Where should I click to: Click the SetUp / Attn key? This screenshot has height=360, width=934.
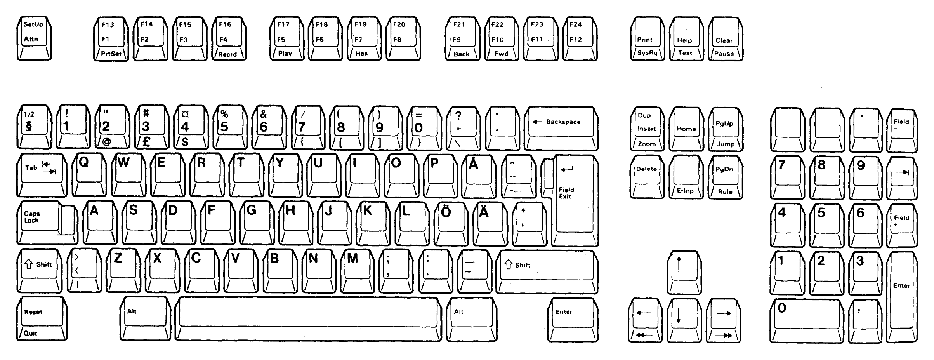(x=34, y=38)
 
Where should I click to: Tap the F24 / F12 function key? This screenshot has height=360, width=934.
(x=580, y=38)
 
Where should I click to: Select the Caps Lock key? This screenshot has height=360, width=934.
(x=47, y=222)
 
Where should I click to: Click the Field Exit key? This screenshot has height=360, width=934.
(x=574, y=200)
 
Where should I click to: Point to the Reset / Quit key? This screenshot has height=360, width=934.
(x=42, y=319)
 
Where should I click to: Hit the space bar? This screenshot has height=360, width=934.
(x=308, y=319)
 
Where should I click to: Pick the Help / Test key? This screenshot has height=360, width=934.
(x=686, y=38)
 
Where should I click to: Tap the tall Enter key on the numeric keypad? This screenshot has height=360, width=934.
(x=904, y=297)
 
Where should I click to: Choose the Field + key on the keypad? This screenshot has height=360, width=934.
(x=903, y=226)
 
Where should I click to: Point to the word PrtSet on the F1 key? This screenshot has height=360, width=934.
(x=111, y=54)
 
